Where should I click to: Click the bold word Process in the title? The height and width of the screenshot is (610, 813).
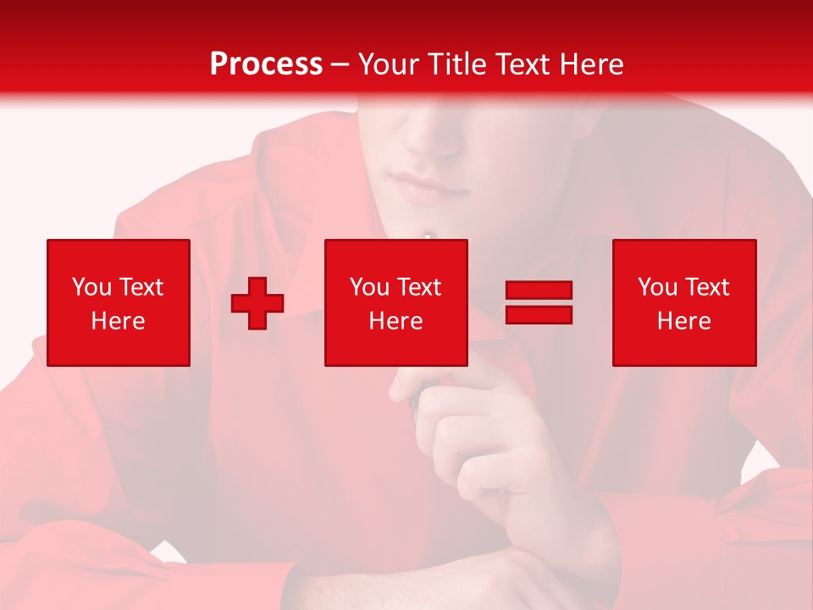tap(266, 64)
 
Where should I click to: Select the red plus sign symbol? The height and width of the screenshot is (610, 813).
tap(257, 303)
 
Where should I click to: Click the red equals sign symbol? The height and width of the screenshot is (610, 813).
tap(539, 302)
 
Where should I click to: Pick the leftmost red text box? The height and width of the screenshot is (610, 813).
tap(119, 302)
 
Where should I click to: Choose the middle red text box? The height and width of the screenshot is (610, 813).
tap(395, 302)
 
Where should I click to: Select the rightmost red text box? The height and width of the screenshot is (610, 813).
tap(683, 302)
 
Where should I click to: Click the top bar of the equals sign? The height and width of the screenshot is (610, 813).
tap(539, 291)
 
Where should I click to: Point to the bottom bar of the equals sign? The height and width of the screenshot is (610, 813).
tap(539, 314)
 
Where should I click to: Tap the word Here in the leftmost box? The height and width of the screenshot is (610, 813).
tap(119, 321)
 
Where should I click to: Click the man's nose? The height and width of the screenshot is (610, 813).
tap(432, 136)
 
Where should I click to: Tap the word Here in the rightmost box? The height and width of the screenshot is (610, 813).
tap(683, 321)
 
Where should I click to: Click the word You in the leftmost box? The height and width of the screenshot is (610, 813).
tap(91, 287)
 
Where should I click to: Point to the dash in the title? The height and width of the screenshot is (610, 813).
tap(340, 64)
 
